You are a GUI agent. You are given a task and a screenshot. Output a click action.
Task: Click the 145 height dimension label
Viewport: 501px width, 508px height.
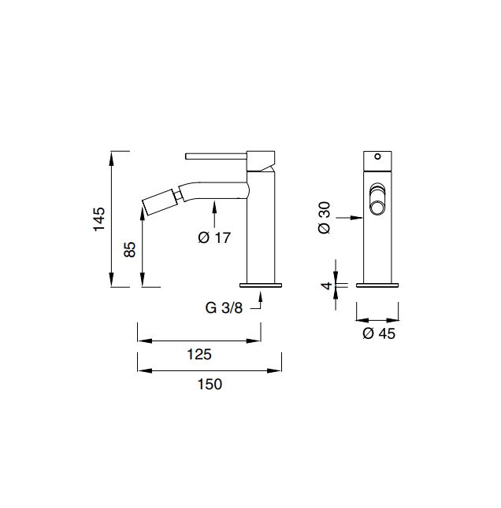pos(99,219)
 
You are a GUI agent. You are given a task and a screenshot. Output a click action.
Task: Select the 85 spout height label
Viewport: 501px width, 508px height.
pos(130,249)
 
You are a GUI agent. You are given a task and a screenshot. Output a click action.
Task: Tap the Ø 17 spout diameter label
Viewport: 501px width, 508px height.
pos(214,237)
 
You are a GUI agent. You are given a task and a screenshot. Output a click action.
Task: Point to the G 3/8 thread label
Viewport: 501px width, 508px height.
pos(224,307)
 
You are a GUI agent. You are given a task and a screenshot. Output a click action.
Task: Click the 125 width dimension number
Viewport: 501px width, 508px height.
pos(199,354)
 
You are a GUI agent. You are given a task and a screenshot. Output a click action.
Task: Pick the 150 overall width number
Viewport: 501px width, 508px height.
pos(210,384)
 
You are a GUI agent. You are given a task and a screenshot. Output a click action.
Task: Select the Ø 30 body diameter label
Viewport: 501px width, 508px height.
pos(325,218)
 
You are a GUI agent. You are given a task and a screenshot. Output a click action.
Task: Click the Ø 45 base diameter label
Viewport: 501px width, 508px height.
pos(379,333)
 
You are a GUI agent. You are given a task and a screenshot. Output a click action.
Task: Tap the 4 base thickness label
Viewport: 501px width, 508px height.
pos(326,285)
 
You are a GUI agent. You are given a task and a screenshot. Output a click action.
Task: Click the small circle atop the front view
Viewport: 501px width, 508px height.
pos(377,156)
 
